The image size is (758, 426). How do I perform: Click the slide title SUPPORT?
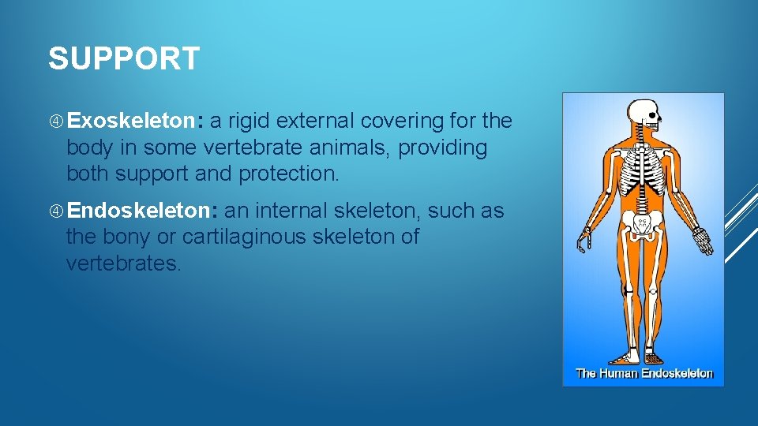(x=124, y=59)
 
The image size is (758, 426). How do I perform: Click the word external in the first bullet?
(x=316, y=121)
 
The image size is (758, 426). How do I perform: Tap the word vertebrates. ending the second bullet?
(x=123, y=263)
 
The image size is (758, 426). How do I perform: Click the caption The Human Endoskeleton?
(x=644, y=373)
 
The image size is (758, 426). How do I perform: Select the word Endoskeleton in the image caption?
(x=677, y=373)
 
